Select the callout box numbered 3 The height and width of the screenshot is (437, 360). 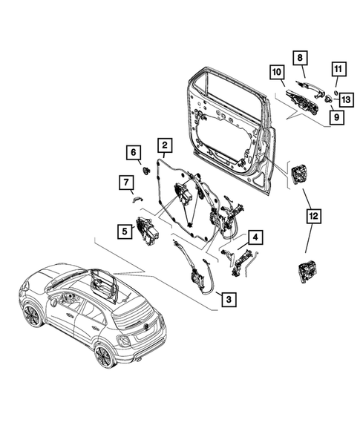[x=228, y=299]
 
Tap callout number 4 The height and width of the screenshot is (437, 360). [x=254, y=238]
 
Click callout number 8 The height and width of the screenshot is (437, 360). [x=301, y=57]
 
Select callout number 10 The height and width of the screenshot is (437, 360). [x=275, y=72]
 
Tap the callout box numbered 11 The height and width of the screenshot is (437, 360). [x=336, y=71]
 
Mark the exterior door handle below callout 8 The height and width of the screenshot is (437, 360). [x=306, y=93]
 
